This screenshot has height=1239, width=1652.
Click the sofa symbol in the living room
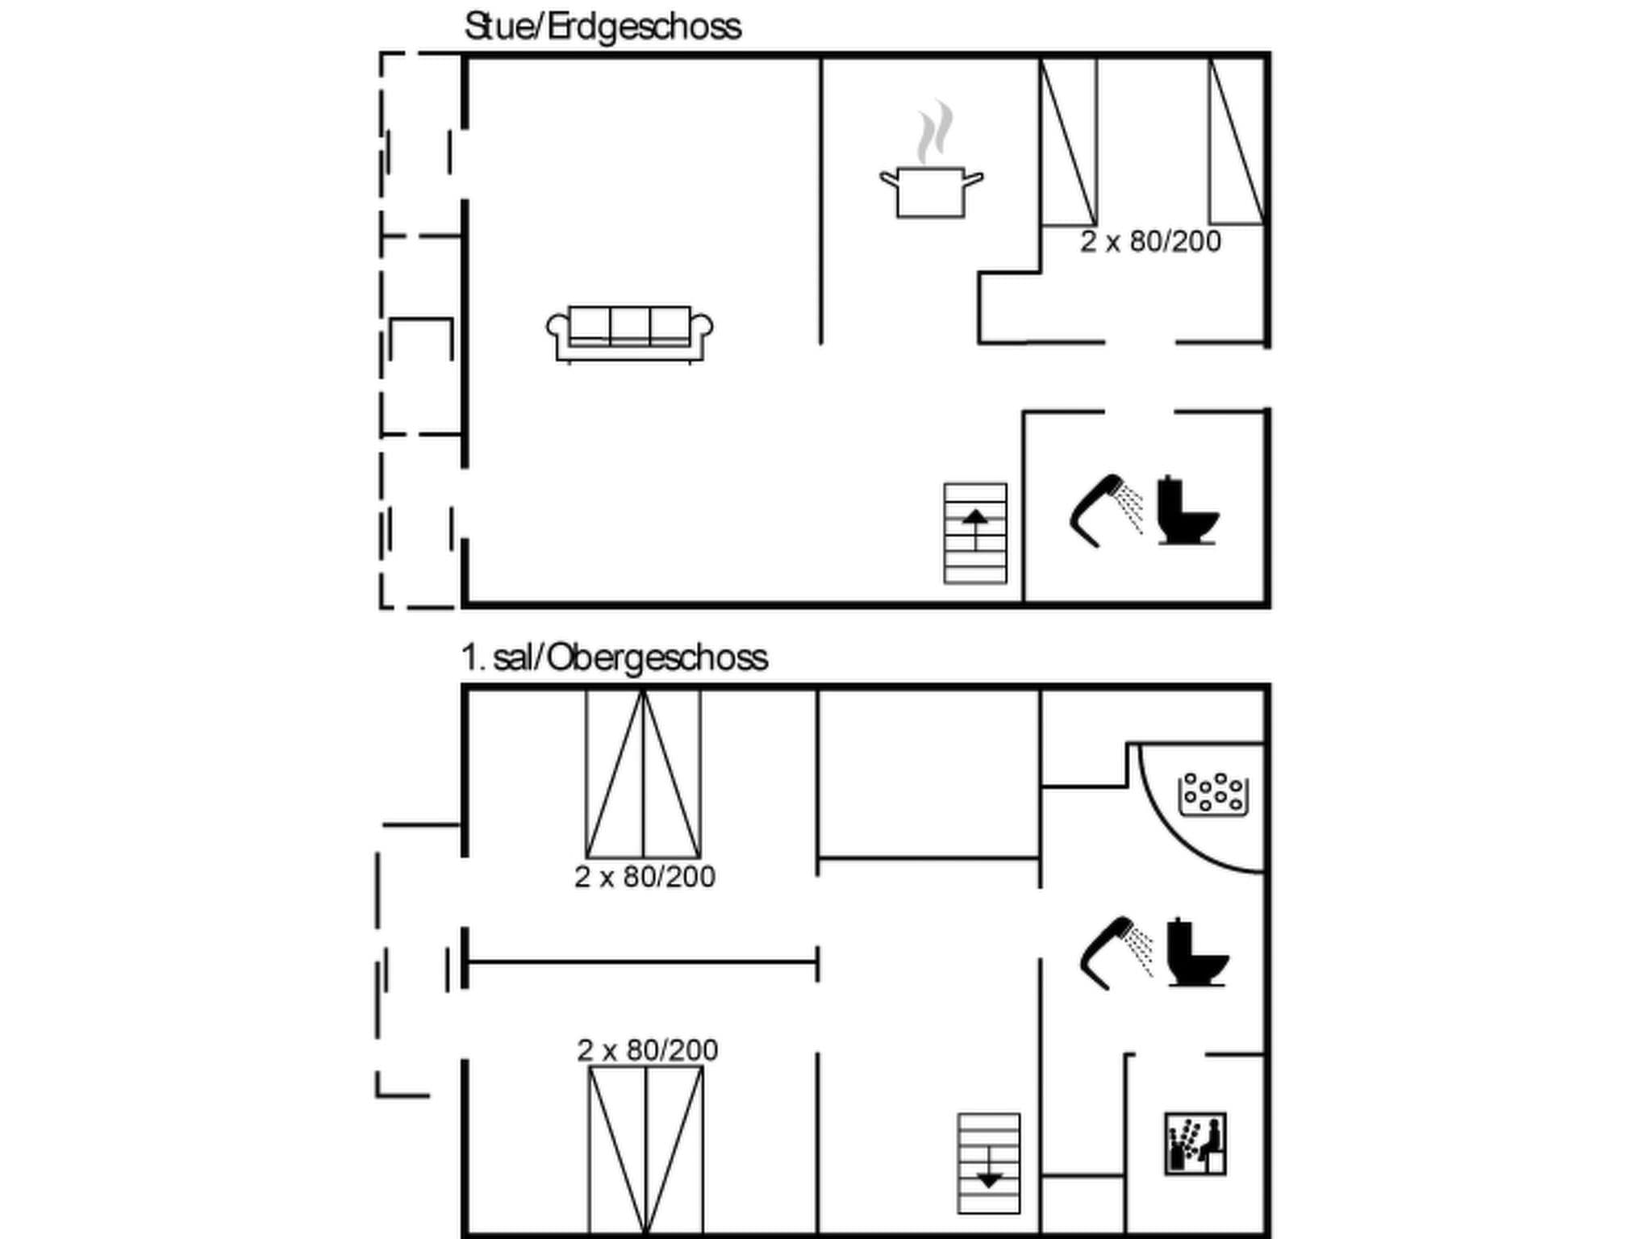pos(629,334)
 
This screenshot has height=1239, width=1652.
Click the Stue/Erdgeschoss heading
pos(602,27)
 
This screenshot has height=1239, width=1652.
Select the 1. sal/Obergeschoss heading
pos(614,657)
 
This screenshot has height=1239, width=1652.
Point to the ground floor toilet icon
pos(1187,511)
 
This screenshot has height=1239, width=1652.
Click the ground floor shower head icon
pos(1105,510)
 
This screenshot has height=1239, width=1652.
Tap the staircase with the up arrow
pos(975,533)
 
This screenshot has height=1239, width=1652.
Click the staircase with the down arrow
pos(988,1163)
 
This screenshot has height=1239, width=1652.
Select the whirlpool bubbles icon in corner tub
pos(1213,794)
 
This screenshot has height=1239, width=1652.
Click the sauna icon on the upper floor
pos(1195,1144)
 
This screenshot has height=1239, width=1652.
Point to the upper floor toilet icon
pos(1196,953)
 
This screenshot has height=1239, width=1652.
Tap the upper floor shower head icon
pos(1116,952)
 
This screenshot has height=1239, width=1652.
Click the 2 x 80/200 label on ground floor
pos(1150,242)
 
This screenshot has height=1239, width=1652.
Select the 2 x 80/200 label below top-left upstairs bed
pos(645,877)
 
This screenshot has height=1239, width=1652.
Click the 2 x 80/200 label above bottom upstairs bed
pos(647,1050)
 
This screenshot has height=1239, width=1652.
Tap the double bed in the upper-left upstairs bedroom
pos(643,774)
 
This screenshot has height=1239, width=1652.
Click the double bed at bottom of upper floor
pos(645,1149)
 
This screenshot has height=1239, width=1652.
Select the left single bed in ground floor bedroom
pos(1069,142)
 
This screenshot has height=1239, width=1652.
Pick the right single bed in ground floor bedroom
pos(1236,142)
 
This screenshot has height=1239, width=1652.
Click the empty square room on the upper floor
pos(928,774)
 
